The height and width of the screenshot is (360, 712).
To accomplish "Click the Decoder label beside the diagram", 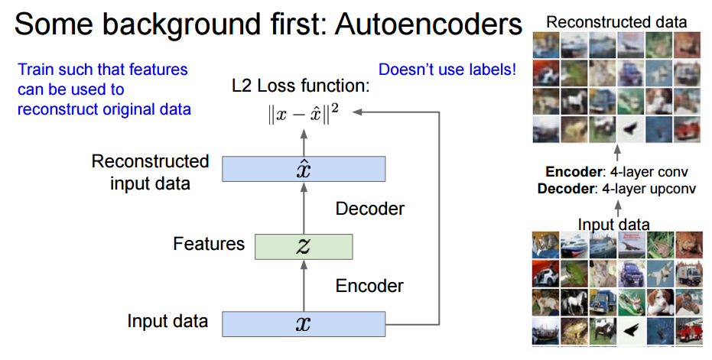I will tap(370, 208).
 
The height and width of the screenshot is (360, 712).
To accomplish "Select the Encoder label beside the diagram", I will tap(370, 286).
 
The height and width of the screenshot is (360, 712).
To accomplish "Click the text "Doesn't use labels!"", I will tap(447, 70).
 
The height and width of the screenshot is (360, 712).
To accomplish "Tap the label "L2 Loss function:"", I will tap(301, 86).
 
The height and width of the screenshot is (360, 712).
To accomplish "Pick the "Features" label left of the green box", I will tap(209, 245).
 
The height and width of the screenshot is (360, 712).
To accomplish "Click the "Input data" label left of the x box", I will tap(167, 321).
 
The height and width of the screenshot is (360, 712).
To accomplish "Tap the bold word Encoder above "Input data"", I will tap(572, 174).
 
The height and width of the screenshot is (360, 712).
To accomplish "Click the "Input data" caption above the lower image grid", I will tap(614, 224).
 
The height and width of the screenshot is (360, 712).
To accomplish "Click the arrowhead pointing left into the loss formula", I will tap(359, 112).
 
